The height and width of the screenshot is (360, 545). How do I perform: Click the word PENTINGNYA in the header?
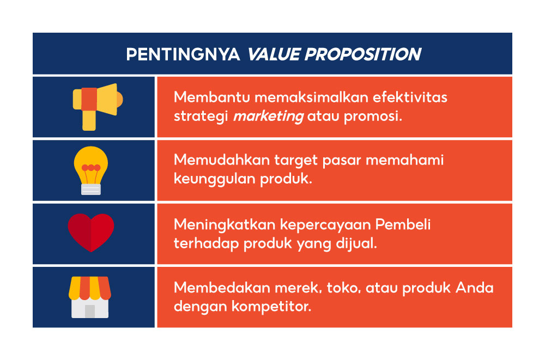(x=183, y=54)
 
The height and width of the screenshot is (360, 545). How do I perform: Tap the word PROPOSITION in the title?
(x=363, y=54)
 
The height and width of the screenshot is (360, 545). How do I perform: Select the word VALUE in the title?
(x=274, y=54)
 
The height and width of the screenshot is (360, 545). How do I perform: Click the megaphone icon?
(x=98, y=107)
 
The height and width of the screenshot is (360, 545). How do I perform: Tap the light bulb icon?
(x=90, y=170)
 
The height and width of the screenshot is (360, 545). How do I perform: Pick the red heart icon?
(x=90, y=233)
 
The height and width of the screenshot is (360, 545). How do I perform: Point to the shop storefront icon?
(x=90, y=297)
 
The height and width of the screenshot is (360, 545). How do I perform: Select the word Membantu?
(x=211, y=97)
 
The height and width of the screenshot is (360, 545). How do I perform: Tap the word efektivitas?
(x=410, y=97)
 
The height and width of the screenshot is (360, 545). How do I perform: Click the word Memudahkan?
(x=222, y=160)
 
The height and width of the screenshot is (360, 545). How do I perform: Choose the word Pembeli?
(x=403, y=224)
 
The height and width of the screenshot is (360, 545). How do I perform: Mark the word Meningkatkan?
(x=225, y=224)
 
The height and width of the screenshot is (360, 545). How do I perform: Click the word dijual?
(x=356, y=243)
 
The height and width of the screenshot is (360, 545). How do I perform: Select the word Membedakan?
(x=222, y=288)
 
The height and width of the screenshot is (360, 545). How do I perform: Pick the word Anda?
(x=475, y=288)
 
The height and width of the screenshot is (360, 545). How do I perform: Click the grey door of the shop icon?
(x=90, y=312)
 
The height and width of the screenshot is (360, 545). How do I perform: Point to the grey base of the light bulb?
(x=90, y=190)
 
